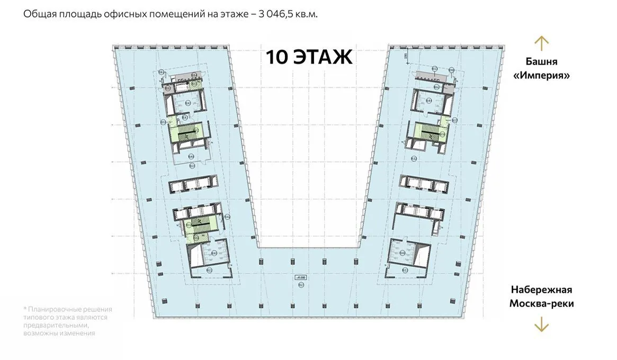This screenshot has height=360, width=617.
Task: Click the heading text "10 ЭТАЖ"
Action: pos(309,57)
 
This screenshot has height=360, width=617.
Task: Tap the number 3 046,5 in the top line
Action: pos(278,14)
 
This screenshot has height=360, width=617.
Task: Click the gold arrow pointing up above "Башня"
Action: pos(541,43)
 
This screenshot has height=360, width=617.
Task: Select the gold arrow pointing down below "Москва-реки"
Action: pos(541,323)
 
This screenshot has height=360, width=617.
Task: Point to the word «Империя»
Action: pos(541,75)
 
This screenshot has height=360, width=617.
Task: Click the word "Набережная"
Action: pos(541,290)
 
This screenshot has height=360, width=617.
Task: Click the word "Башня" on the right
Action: pos(541,61)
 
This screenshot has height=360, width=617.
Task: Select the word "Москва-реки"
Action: pos(541,304)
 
